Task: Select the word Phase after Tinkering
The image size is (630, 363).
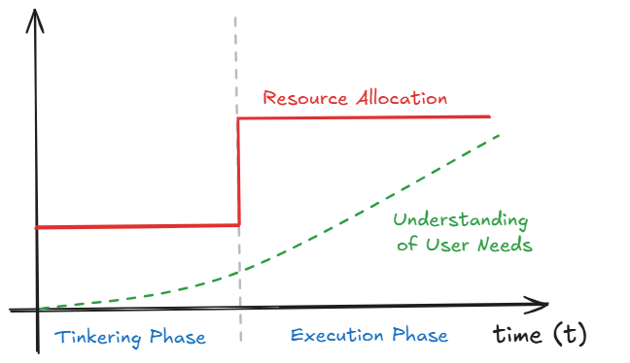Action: [178, 338]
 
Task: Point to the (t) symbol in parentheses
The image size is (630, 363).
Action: [570, 335]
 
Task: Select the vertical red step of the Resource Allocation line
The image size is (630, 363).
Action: [239, 172]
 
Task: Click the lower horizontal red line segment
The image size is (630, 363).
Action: [136, 226]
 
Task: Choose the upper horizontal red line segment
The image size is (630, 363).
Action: [365, 117]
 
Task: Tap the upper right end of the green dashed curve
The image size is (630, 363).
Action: [498, 135]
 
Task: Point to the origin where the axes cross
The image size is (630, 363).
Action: [36, 310]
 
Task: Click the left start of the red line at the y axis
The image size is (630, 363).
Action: [37, 227]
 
